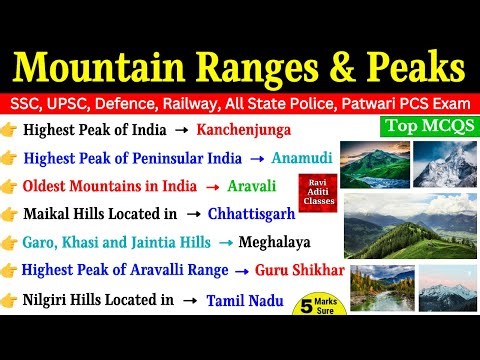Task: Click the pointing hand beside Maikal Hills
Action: [x=10, y=214]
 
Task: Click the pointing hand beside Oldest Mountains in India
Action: [x=10, y=186]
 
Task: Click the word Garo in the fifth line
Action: [x=42, y=242]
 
